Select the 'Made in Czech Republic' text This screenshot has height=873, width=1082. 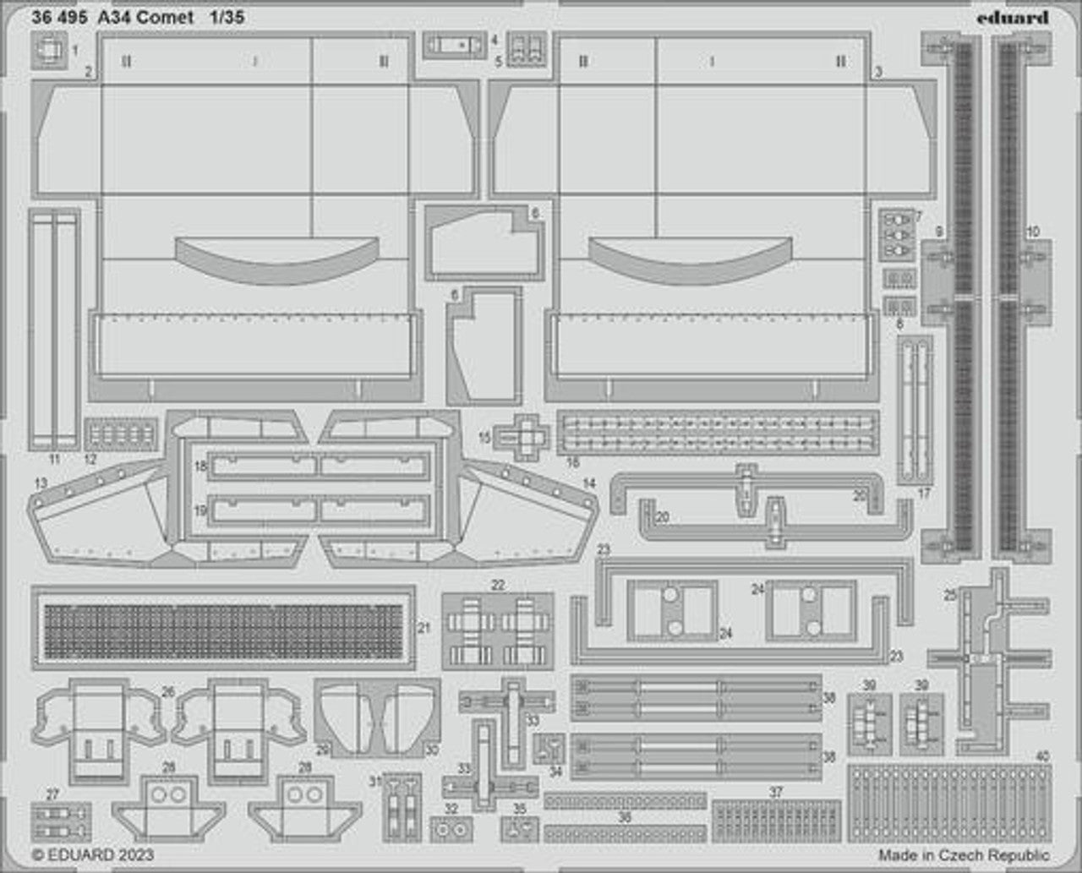964,855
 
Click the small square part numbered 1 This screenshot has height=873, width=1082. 52,51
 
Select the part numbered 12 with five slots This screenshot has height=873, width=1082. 121,436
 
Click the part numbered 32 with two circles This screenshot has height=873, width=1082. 451,831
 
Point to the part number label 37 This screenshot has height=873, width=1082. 776,793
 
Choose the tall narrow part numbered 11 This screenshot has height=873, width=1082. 54,330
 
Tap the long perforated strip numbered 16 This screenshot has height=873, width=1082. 717,431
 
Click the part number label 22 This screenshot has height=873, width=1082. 498,585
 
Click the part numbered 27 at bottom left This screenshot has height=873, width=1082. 60,820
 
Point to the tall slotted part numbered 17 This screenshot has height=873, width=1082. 915,410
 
